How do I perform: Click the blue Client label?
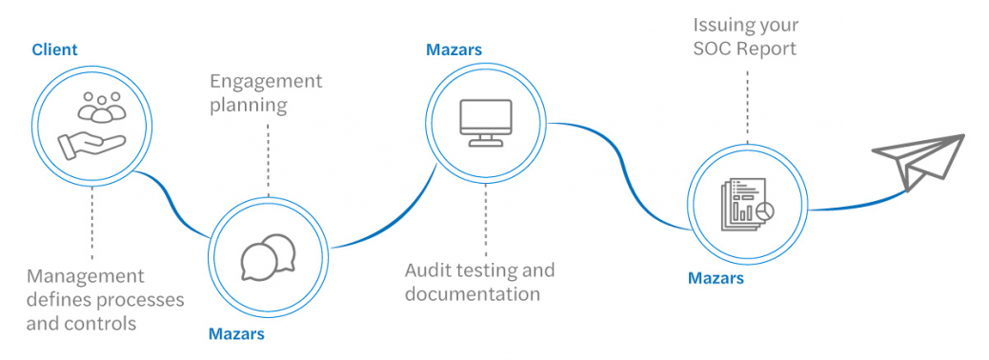54,49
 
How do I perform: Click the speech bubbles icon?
268,256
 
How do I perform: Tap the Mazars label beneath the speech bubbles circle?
236,333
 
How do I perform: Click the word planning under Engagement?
248,105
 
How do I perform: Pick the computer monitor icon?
486,120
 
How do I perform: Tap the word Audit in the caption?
429,270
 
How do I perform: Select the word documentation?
473,293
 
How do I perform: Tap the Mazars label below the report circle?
716,278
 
